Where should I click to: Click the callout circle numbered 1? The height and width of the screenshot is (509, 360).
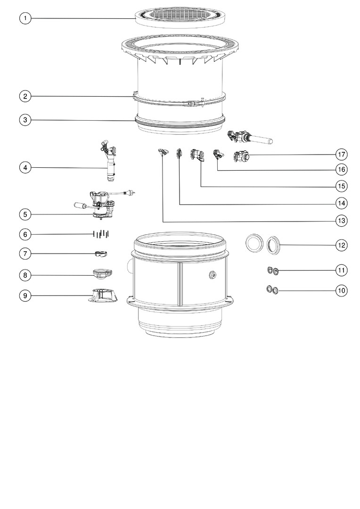click(x=25, y=18)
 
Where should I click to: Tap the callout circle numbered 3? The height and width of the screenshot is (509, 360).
click(x=25, y=120)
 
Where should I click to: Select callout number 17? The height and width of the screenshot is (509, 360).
click(x=341, y=154)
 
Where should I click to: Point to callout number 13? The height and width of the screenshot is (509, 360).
click(x=341, y=221)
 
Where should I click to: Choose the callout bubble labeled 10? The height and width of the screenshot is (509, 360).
click(x=341, y=290)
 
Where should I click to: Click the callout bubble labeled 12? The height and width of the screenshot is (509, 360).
click(x=341, y=245)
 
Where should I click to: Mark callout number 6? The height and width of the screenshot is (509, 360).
click(x=25, y=234)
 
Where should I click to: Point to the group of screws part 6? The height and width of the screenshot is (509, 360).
click(x=101, y=234)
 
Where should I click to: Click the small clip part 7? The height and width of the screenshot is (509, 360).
click(x=101, y=254)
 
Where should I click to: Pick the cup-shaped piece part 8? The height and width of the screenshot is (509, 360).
click(x=102, y=273)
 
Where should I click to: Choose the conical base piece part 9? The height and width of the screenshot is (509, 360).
click(x=103, y=296)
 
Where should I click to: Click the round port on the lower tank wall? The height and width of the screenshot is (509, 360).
click(x=213, y=275)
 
